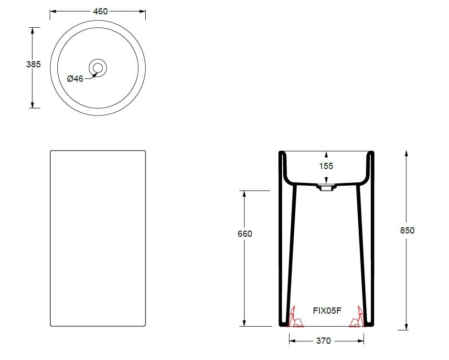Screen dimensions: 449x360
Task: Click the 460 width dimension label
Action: point(100,11)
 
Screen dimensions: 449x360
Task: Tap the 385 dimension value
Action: point(33,64)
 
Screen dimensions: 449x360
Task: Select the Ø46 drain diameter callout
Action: point(75,78)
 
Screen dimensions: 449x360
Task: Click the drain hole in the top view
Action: point(98,68)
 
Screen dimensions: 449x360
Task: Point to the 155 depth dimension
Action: point(326,166)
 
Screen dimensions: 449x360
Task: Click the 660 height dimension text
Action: point(245,234)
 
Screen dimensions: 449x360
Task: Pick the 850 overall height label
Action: point(407,230)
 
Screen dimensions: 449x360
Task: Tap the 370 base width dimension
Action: point(323,340)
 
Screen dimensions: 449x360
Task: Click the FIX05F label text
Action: point(327,311)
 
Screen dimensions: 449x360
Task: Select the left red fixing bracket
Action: point(295,318)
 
